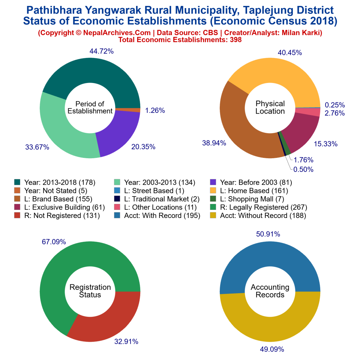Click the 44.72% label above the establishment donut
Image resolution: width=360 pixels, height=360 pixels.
tap(101, 51)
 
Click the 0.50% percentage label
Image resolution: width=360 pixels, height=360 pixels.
tap(304, 169)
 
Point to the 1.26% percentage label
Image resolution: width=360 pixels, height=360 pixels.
tap(155, 110)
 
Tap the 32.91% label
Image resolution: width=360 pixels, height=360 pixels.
tap(126, 341)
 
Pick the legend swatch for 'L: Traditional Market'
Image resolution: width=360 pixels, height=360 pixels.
tap(117, 199)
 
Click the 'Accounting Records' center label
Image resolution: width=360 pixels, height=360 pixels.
tap(270, 291)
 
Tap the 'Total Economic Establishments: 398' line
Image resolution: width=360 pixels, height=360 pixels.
tap(180, 40)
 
